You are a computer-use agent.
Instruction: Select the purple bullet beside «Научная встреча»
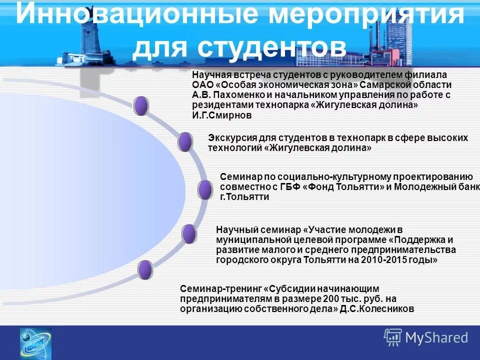[x=141, y=106]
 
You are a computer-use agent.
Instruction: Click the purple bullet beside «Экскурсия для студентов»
[x=185, y=142]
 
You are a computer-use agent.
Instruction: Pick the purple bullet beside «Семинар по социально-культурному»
[x=204, y=190]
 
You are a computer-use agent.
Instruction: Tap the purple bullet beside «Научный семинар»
[x=189, y=234]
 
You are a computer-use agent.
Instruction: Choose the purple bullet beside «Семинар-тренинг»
[x=145, y=270]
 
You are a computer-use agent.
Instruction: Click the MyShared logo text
[x=436, y=338]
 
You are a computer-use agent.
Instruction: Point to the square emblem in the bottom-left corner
[x=35, y=343]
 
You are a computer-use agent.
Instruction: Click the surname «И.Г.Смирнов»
[x=222, y=115]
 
